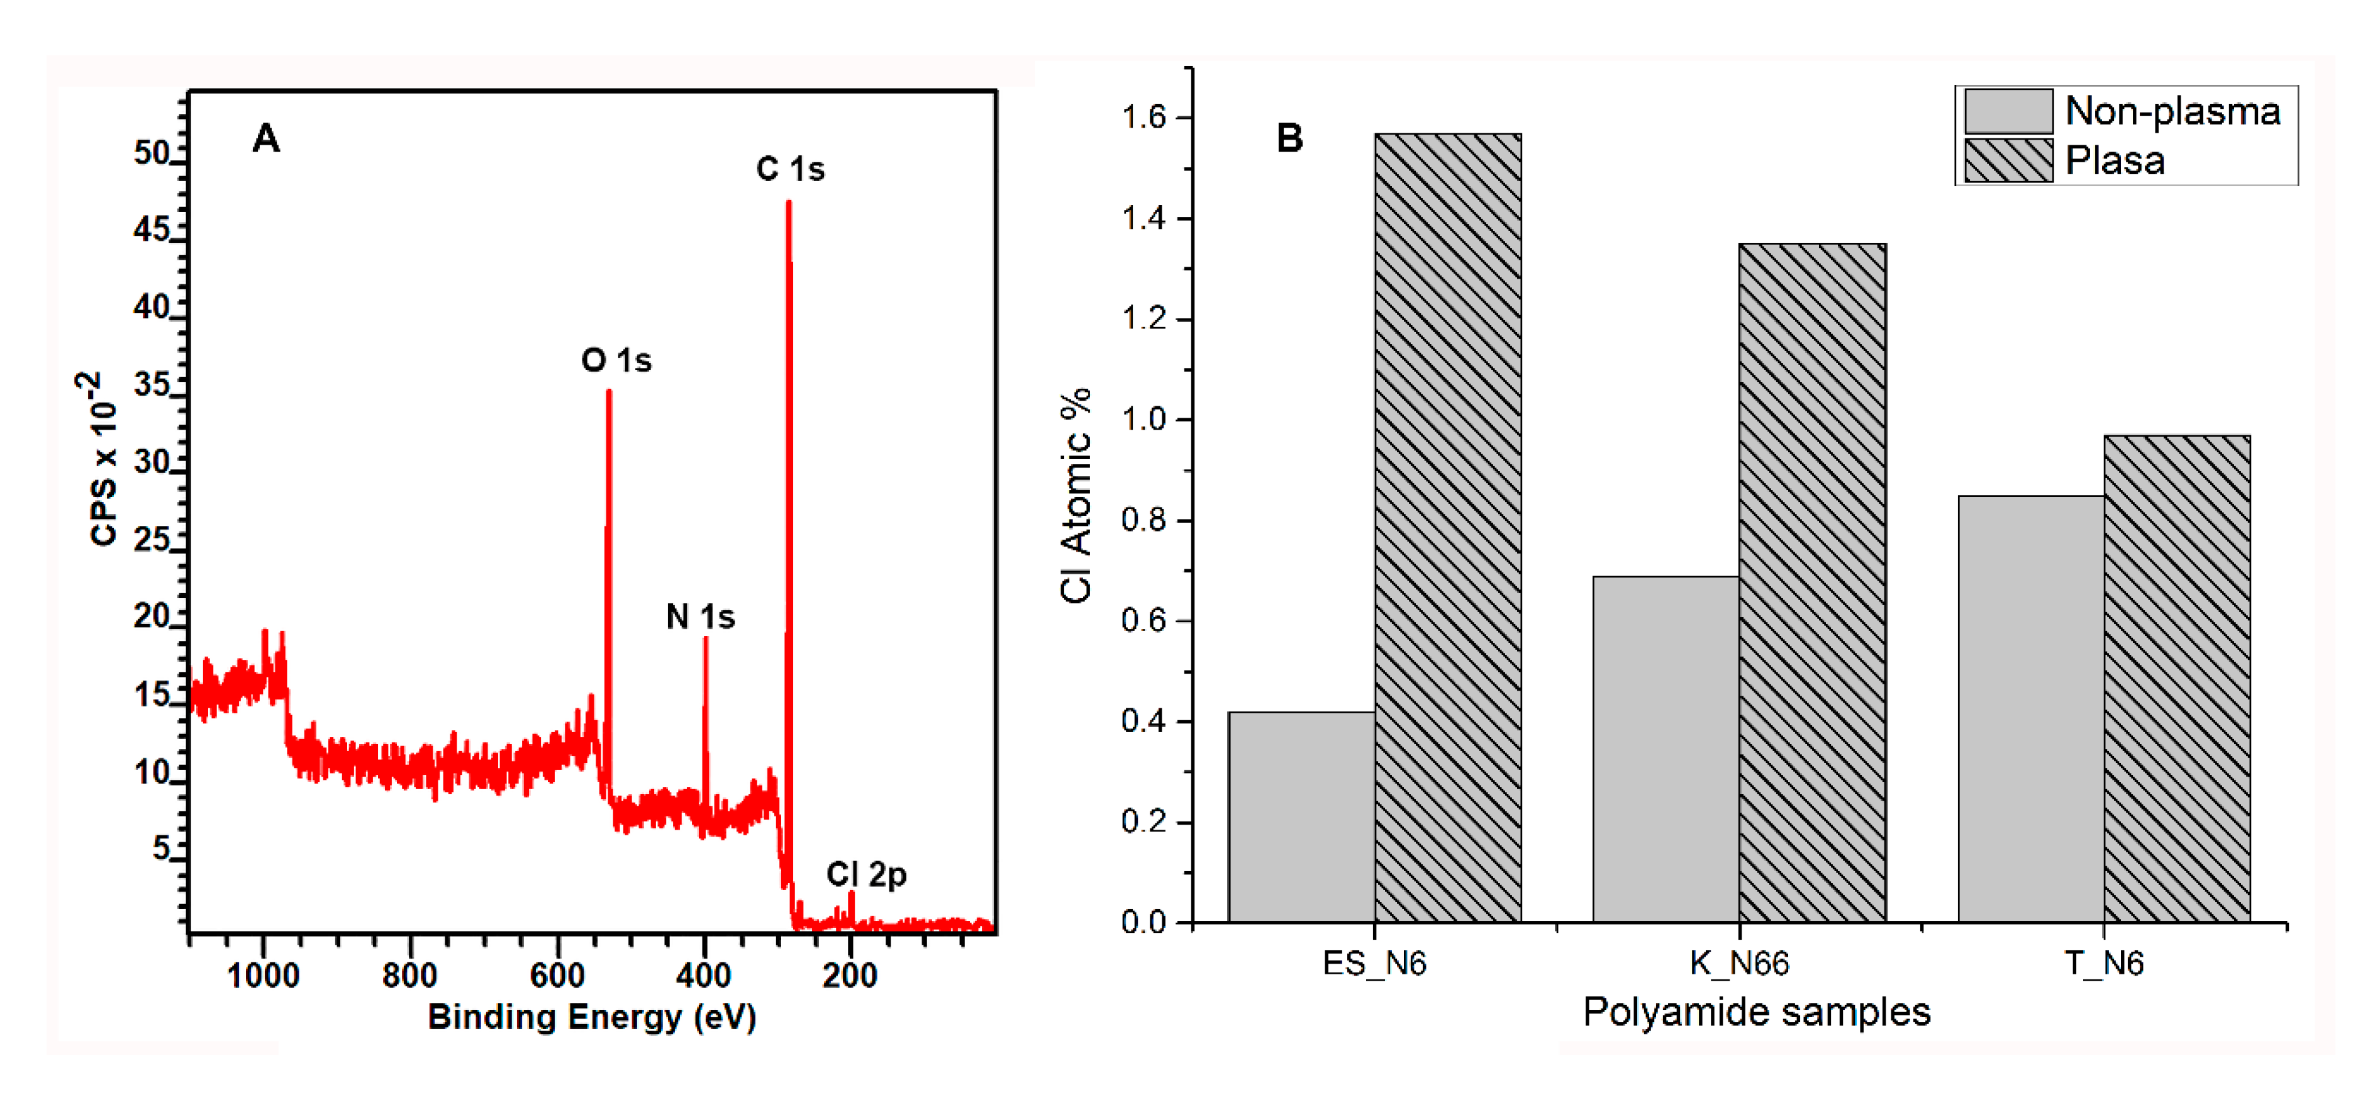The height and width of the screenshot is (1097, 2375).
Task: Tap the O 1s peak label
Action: (x=616, y=360)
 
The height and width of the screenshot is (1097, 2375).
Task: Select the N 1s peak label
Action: (x=700, y=616)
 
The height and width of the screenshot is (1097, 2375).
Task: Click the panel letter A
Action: (x=265, y=139)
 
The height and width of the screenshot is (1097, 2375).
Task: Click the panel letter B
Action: (x=1289, y=139)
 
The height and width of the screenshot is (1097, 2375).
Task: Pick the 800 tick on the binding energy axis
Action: (x=409, y=974)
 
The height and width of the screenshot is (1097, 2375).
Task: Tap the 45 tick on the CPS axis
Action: (x=153, y=230)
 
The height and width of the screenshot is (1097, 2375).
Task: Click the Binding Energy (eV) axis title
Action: (x=592, y=1016)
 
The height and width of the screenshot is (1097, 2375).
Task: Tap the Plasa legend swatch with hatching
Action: (x=2008, y=161)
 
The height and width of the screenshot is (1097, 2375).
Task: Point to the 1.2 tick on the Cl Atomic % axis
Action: (x=1143, y=319)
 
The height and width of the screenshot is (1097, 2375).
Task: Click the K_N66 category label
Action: (x=1739, y=963)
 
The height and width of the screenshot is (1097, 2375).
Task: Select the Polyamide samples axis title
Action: (x=1756, y=1012)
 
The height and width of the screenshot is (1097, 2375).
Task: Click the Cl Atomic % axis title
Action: (x=1075, y=495)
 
